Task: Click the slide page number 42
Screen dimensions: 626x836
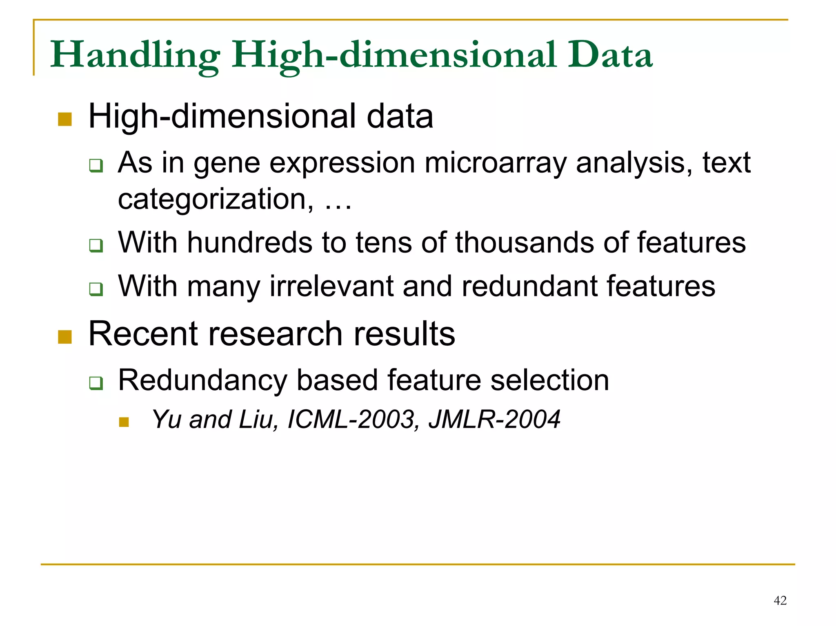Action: (x=780, y=600)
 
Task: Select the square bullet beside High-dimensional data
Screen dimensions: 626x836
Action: (x=65, y=119)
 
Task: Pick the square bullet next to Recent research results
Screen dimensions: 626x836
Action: (x=65, y=337)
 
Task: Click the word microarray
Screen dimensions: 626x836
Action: (x=495, y=163)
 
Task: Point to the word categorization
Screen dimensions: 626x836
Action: (x=216, y=200)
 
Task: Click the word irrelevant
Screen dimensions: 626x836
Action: (x=331, y=286)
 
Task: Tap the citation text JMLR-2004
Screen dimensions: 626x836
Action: (x=494, y=420)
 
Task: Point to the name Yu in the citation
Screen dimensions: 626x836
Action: (x=166, y=420)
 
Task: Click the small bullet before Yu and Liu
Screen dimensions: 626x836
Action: (x=124, y=422)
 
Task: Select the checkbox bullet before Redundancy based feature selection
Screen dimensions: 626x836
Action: (x=96, y=383)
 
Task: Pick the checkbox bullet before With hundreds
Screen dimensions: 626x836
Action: (x=96, y=246)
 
